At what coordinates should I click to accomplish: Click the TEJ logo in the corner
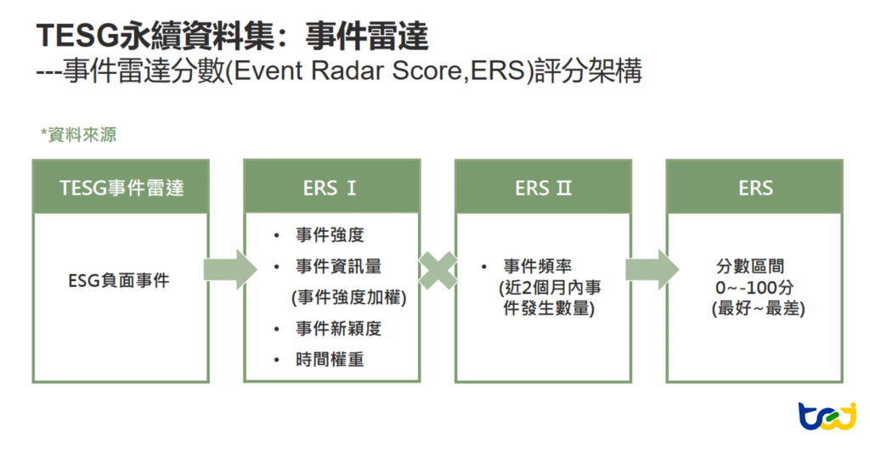coord(826,418)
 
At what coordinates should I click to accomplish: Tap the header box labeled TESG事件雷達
coord(121,187)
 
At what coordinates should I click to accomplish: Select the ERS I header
coord(331,187)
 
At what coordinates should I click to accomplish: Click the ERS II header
coord(543,187)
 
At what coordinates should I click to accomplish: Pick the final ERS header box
coord(754,187)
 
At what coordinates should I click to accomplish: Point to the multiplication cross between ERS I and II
coord(438,270)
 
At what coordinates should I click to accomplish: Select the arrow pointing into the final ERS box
coord(650,270)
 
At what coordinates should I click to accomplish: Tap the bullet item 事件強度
coord(330,235)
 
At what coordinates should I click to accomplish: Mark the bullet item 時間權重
coord(330,359)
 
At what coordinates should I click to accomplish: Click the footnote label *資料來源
coord(78,135)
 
